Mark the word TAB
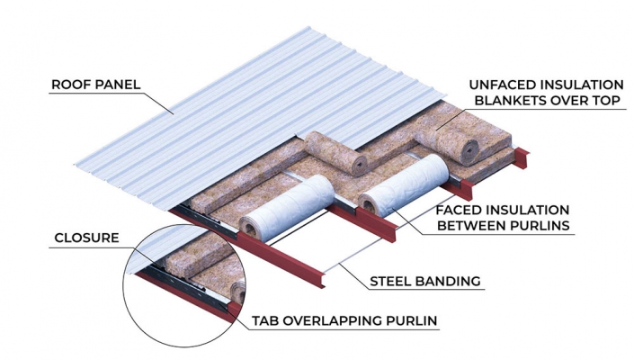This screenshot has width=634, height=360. coord(267,319)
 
